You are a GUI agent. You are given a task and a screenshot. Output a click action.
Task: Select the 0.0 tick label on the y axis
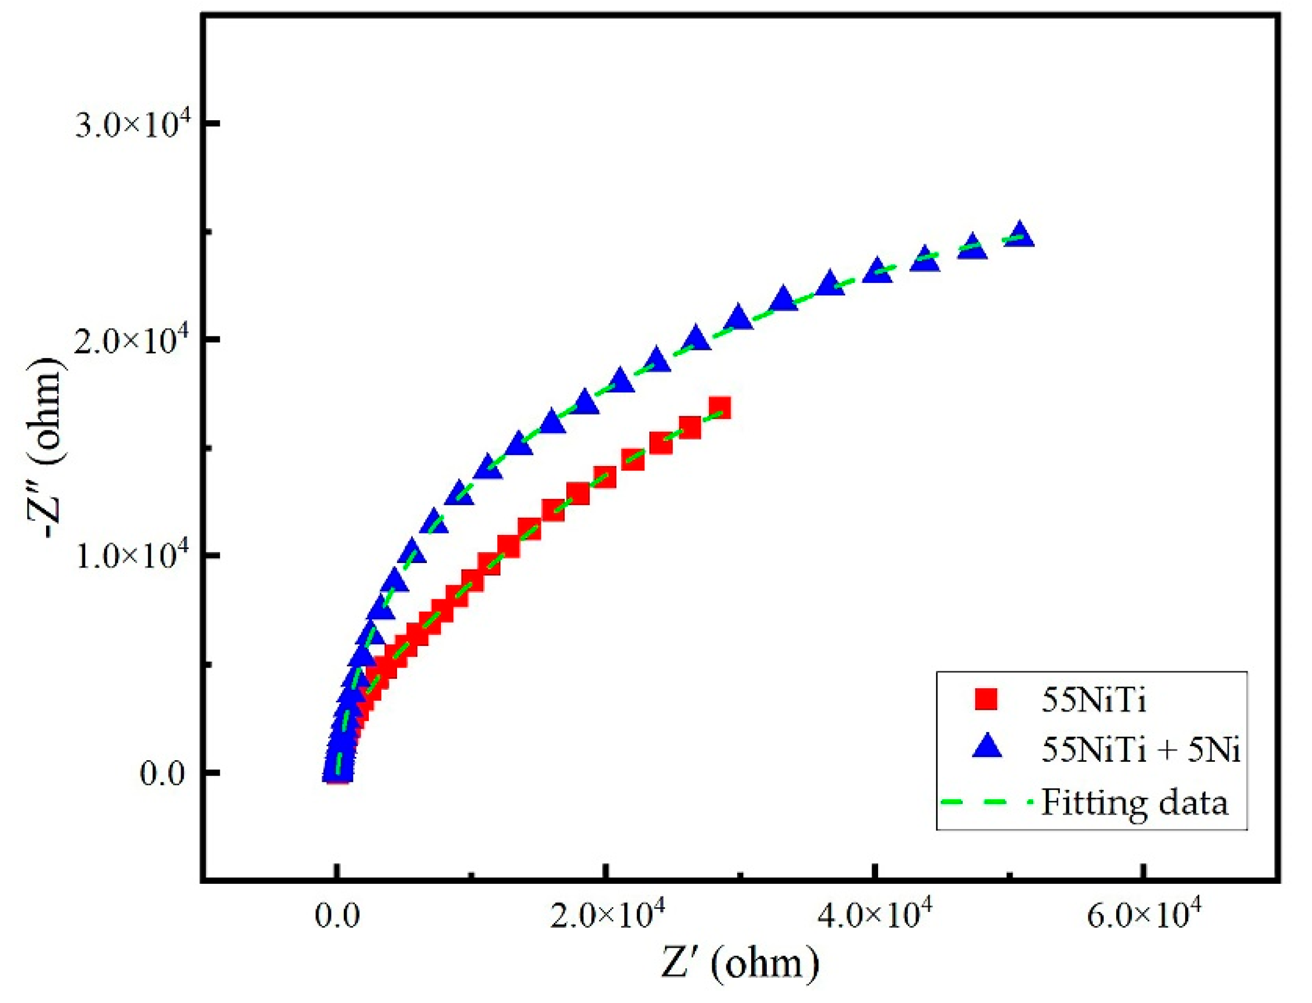point(163,774)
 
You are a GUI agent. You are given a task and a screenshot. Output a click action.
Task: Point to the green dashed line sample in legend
point(987,802)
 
